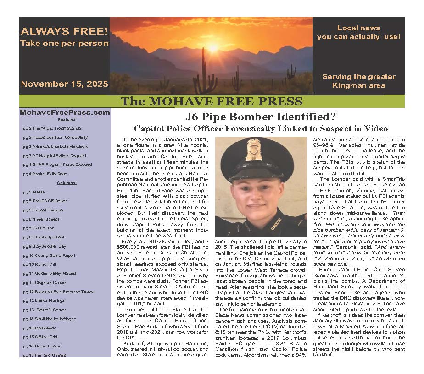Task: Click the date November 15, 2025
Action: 65,84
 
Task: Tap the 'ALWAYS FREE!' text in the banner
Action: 64,32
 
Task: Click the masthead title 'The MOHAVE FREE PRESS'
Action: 212,102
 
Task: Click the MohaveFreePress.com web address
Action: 65,112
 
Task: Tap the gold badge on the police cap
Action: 254,150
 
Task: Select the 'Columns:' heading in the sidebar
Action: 67,183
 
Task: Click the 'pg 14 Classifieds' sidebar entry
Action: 39,328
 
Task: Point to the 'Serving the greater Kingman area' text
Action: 358,81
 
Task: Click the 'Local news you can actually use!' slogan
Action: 358,33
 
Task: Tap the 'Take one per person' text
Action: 64,44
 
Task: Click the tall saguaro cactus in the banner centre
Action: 202,74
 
